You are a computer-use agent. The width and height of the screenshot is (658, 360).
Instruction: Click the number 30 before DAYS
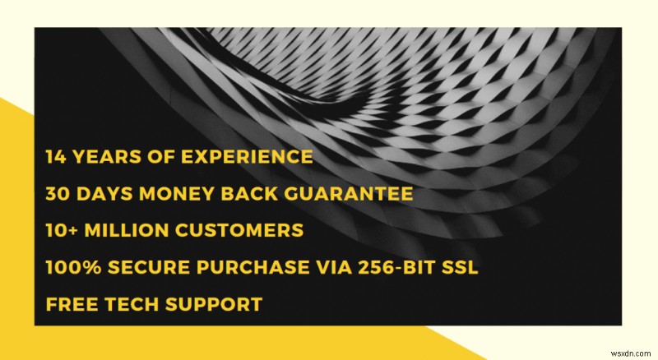(58, 194)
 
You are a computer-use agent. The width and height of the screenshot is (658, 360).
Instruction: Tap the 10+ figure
(65, 231)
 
